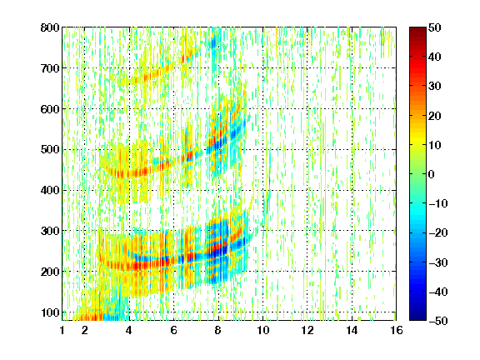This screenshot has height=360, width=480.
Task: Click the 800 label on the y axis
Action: (x=50, y=27)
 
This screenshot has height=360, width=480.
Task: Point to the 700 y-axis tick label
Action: (x=50, y=68)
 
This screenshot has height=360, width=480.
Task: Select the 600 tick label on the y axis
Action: (x=50, y=109)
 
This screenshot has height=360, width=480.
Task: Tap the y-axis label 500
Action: (x=50, y=150)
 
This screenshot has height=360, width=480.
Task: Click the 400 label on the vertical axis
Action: (x=50, y=190)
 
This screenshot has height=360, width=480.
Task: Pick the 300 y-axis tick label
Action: (x=50, y=231)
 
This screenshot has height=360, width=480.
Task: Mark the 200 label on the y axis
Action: (x=50, y=272)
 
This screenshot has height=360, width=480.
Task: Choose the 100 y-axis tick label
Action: (x=50, y=312)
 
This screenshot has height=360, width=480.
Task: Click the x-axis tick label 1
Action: (x=62, y=330)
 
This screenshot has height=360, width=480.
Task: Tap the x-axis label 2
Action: (x=85, y=330)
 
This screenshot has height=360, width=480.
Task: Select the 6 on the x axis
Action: (x=174, y=330)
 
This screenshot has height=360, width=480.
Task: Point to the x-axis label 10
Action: (x=263, y=330)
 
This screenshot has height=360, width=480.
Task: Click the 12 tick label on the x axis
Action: (x=307, y=330)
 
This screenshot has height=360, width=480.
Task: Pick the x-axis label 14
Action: (x=352, y=330)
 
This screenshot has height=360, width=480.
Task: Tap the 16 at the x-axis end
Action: (x=397, y=330)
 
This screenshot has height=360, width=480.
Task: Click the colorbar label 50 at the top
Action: (x=435, y=27)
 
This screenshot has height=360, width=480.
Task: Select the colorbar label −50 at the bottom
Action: (x=438, y=321)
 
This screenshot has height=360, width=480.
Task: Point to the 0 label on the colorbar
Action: (x=432, y=174)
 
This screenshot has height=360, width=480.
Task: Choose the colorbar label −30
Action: (x=438, y=262)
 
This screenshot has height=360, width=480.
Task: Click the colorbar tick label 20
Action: (x=435, y=116)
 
